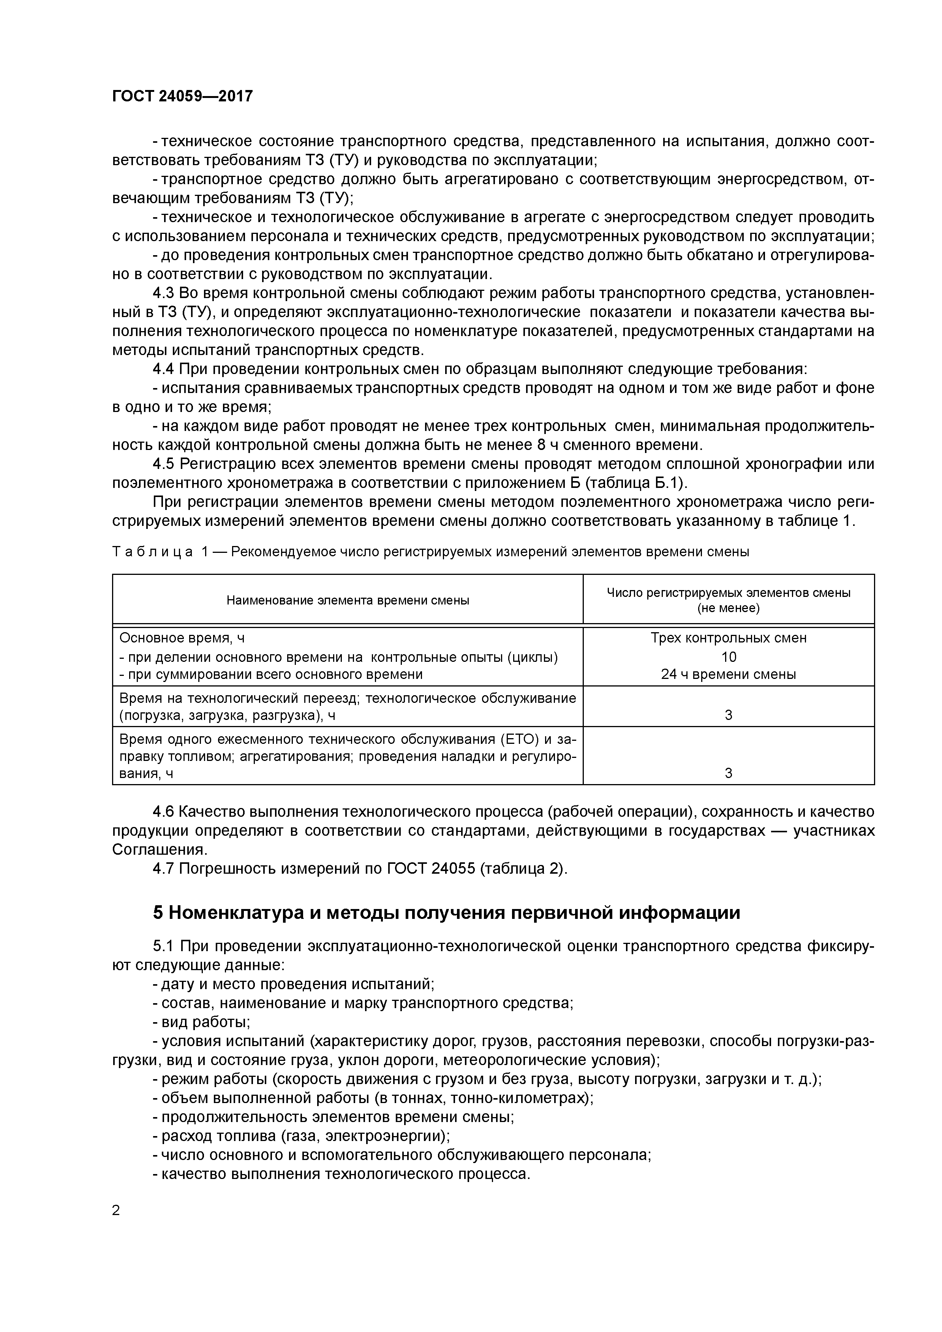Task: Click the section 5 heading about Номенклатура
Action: pyautogui.click(x=446, y=912)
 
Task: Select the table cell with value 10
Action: pyautogui.click(x=729, y=657)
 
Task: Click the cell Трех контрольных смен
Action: pyautogui.click(x=729, y=638)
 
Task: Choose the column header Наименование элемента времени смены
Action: pyautogui.click(x=348, y=600)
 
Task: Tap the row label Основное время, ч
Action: pyautogui.click(x=182, y=638)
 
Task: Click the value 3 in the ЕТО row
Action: pyautogui.click(x=729, y=773)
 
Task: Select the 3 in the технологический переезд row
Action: pyautogui.click(x=729, y=715)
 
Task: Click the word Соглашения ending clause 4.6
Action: pyautogui.click(x=159, y=849)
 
